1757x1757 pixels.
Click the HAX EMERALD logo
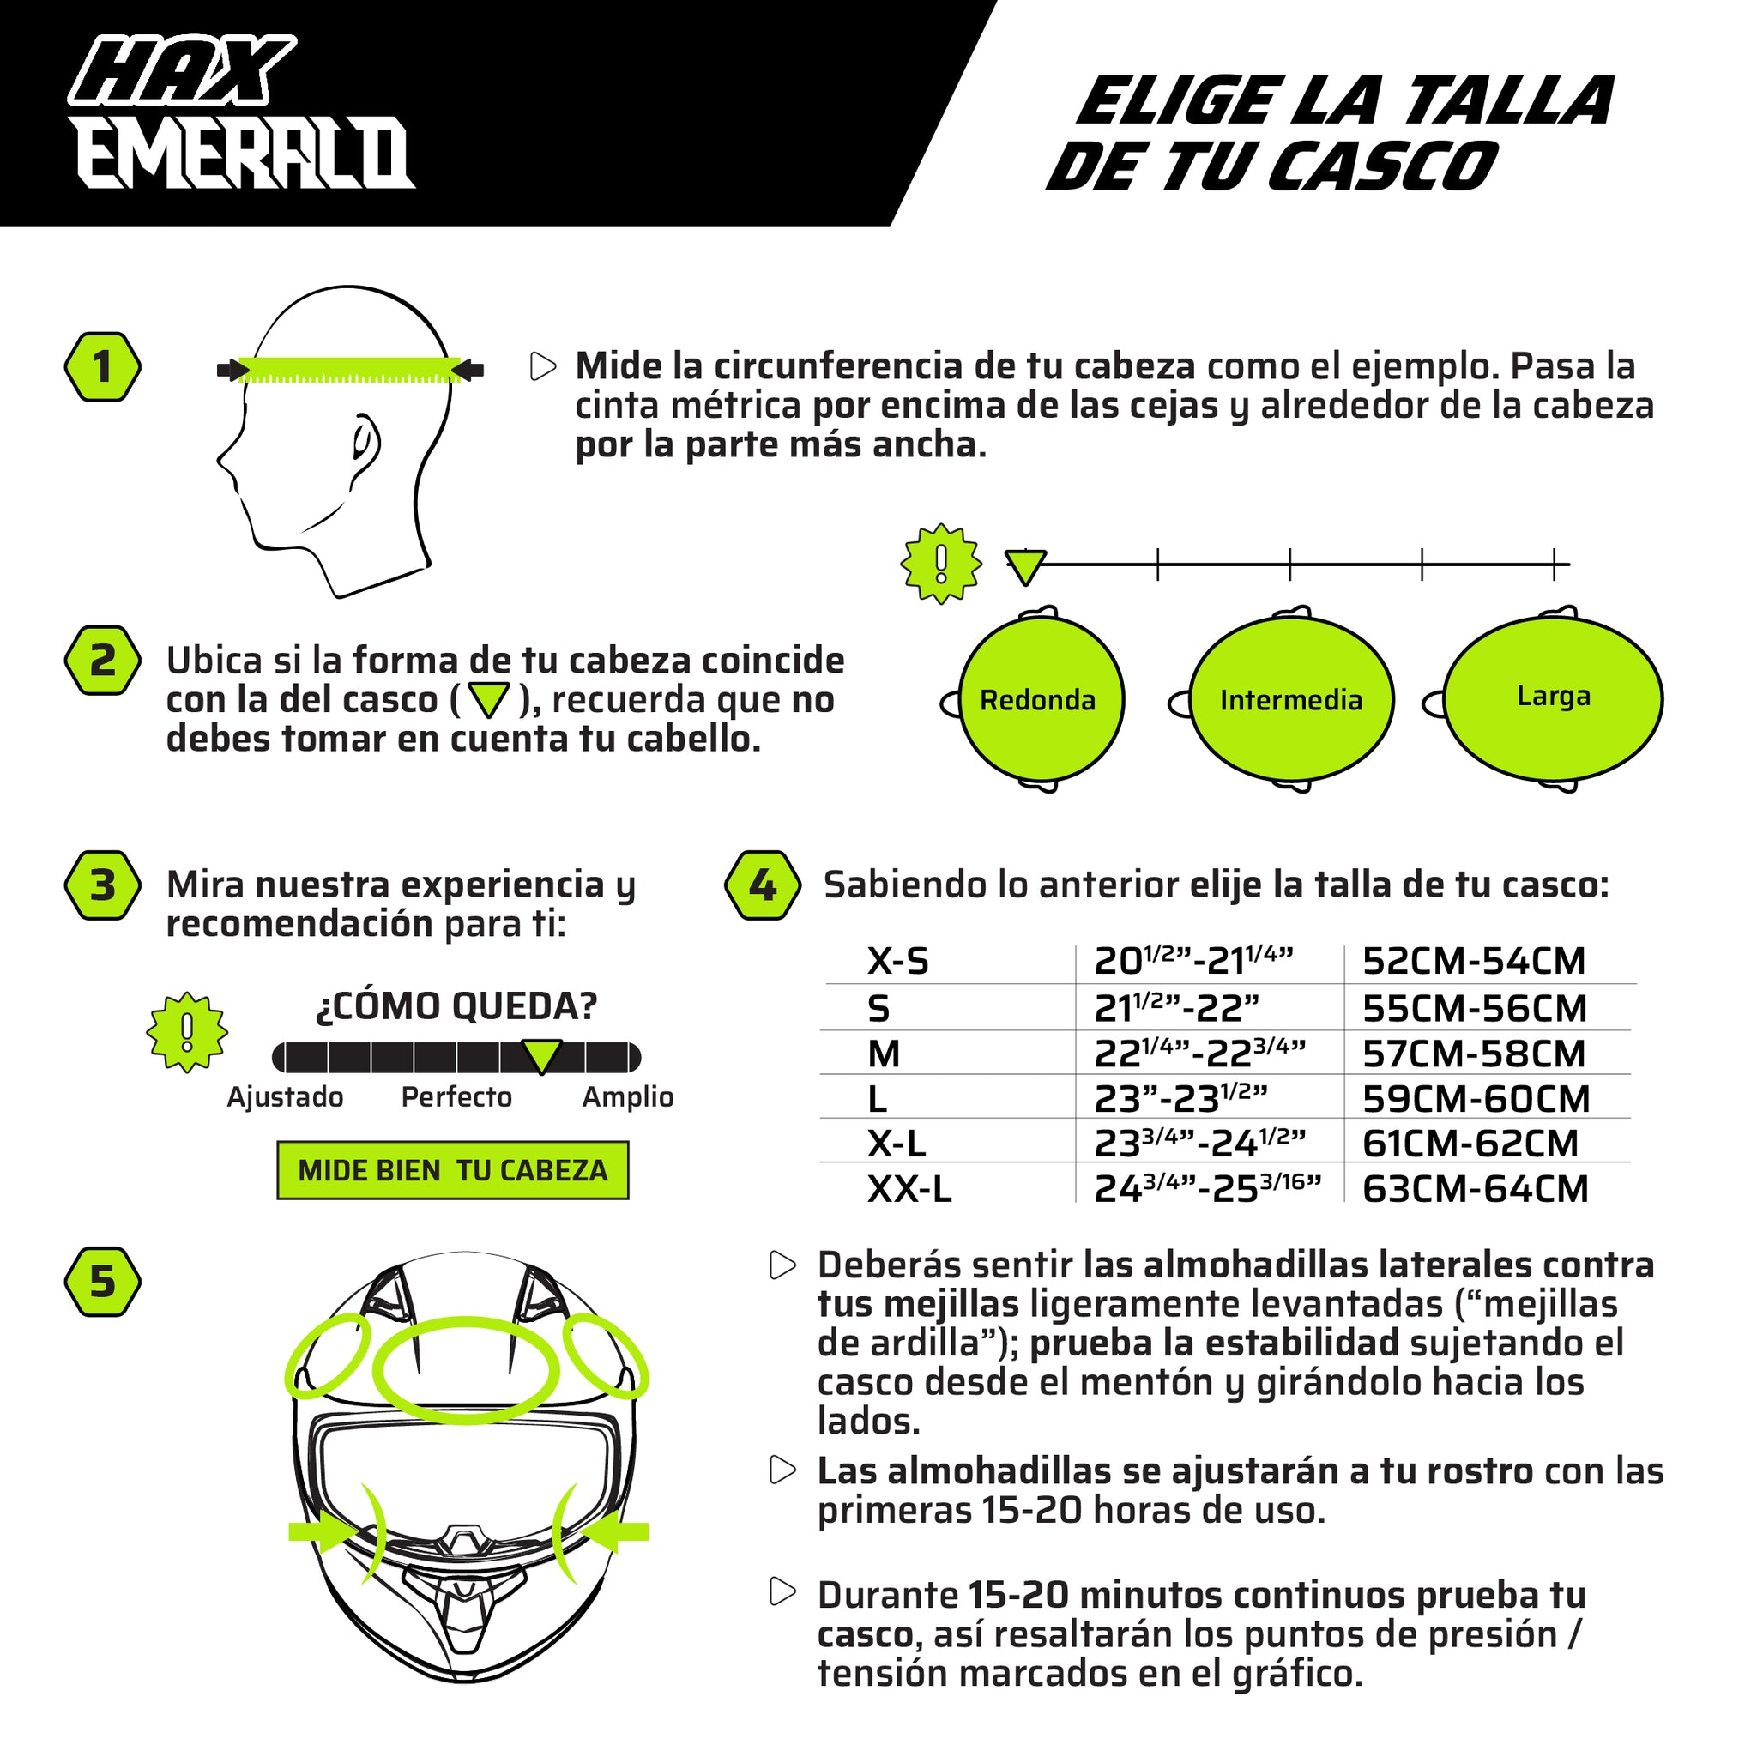[x=241, y=112]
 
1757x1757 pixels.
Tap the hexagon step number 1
[x=103, y=367]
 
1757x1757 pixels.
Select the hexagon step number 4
[x=762, y=885]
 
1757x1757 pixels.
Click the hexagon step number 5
[x=103, y=1282]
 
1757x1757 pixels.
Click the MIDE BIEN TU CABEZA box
[x=453, y=1169]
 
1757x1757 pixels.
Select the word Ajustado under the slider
[x=285, y=1096]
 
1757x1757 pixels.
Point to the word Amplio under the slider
[x=627, y=1096]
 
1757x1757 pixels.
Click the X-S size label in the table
[x=897, y=961]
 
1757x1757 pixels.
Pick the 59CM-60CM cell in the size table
[x=1476, y=1099]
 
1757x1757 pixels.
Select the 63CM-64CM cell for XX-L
[x=1475, y=1188]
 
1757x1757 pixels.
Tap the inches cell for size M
[x=1199, y=1054]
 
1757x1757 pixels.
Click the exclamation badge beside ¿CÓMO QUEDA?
[x=186, y=1031]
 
